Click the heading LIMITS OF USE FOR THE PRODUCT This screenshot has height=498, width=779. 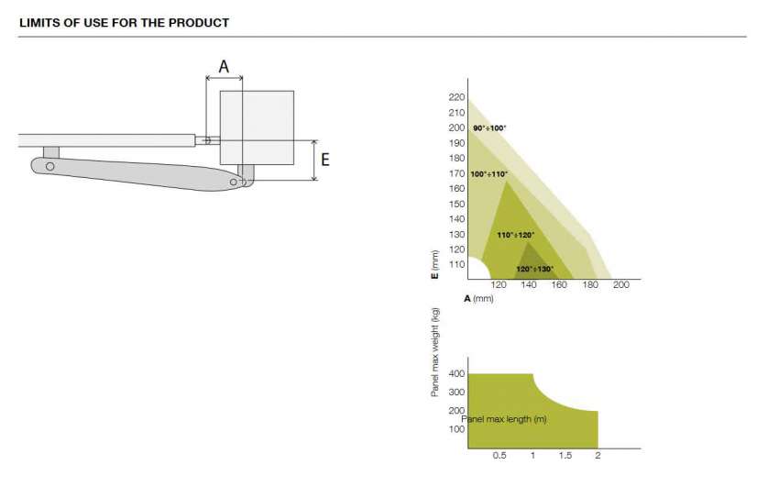coord(125,23)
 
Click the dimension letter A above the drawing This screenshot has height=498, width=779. coord(224,67)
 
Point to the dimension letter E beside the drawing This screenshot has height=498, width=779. coord(325,160)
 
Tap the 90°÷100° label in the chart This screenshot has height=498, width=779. coord(489,128)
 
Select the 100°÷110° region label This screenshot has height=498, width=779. coord(488,174)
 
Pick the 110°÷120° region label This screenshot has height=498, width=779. coord(516,235)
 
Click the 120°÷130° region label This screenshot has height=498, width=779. coord(534,269)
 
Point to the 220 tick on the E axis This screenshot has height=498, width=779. coord(456,97)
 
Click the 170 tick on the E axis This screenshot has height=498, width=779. coord(456,173)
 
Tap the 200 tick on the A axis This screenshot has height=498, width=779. coord(620,285)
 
